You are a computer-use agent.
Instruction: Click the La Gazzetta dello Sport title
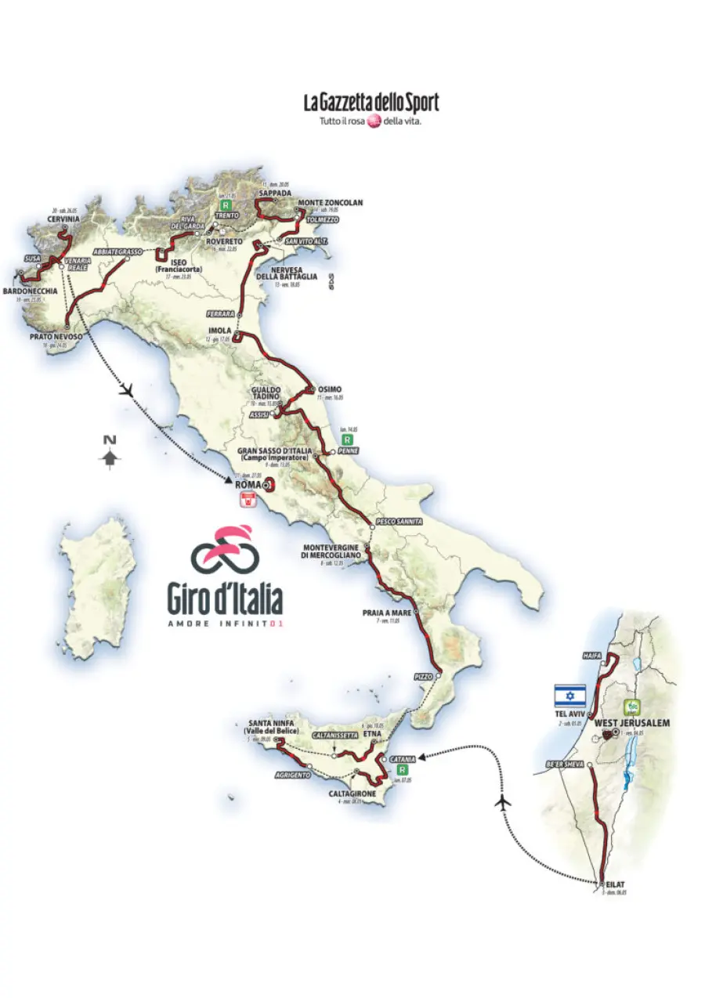[x=371, y=103]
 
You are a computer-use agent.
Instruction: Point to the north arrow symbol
[x=110, y=454]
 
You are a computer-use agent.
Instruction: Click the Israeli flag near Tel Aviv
[x=569, y=696]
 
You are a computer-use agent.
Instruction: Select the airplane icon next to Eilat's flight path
[x=504, y=802]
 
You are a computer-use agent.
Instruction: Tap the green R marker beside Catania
[x=402, y=780]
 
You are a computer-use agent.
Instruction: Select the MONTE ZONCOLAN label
[x=330, y=203]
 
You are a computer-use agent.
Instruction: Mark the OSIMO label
[x=331, y=389]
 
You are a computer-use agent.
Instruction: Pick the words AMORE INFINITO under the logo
[x=225, y=624]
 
